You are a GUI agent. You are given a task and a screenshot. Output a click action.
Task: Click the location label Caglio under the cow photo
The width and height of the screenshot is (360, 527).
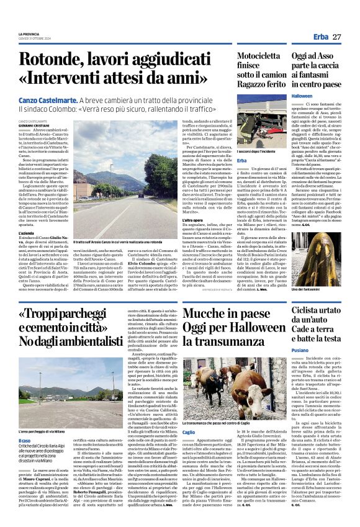click(171, 431)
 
